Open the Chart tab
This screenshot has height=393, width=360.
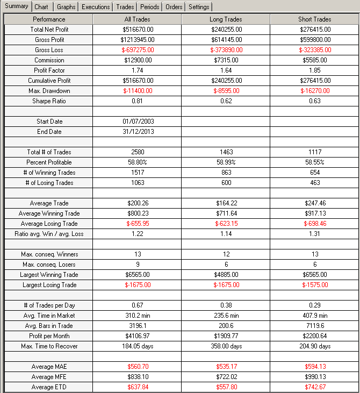[x=41, y=7]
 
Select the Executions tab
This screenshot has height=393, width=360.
[x=96, y=7]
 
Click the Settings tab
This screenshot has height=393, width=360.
[x=199, y=7]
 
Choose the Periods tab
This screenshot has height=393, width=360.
[x=150, y=7]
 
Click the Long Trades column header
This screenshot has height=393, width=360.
[x=226, y=19]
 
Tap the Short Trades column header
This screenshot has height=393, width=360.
[x=314, y=19]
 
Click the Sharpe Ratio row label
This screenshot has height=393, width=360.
[x=48, y=101]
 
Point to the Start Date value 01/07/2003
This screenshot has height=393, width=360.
[x=137, y=122]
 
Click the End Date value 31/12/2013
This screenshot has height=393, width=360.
[x=137, y=132]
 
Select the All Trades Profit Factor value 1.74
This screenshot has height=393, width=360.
[x=137, y=70]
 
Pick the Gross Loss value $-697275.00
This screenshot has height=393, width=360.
[x=137, y=50]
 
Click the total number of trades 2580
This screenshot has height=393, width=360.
[x=137, y=152]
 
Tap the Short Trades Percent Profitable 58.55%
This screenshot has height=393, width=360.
[x=314, y=162]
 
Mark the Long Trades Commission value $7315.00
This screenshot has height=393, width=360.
[x=226, y=60]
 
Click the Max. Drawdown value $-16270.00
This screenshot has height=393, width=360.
[x=314, y=91]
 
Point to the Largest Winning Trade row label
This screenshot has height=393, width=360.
[x=48, y=275]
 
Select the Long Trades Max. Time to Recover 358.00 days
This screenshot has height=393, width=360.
[x=226, y=346]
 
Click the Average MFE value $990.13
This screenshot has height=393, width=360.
[x=314, y=377]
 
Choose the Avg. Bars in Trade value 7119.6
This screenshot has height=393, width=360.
[x=314, y=326]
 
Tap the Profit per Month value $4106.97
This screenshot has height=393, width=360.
[x=137, y=336]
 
